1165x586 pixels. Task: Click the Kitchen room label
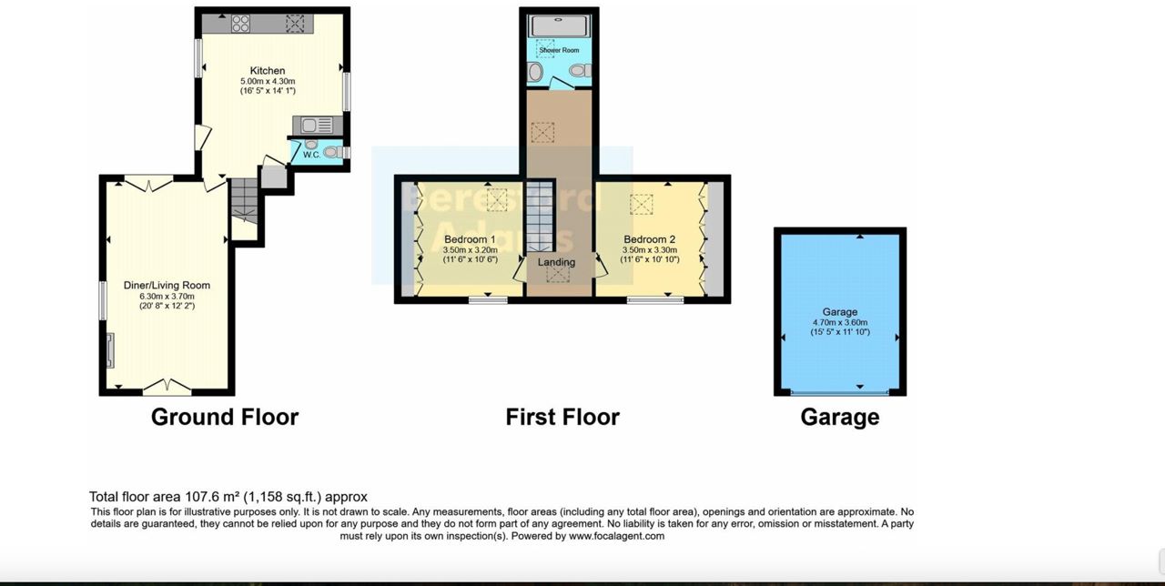point(268,71)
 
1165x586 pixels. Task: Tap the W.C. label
point(311,155)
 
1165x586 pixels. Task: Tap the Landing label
point(556,263)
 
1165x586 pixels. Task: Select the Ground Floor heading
point(224,417)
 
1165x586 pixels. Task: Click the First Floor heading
point(562,417)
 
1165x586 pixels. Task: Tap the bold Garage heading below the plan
point(839,417)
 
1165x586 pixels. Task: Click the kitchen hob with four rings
point(241,25)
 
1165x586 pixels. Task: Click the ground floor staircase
point(243,200)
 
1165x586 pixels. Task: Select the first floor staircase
point(540,218)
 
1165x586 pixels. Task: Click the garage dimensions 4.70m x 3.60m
point(839,322)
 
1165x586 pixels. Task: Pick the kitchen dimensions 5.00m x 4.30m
point(268,81)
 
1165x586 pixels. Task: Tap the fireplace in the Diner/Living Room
point(110,351)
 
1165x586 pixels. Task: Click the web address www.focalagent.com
point(616,536)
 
